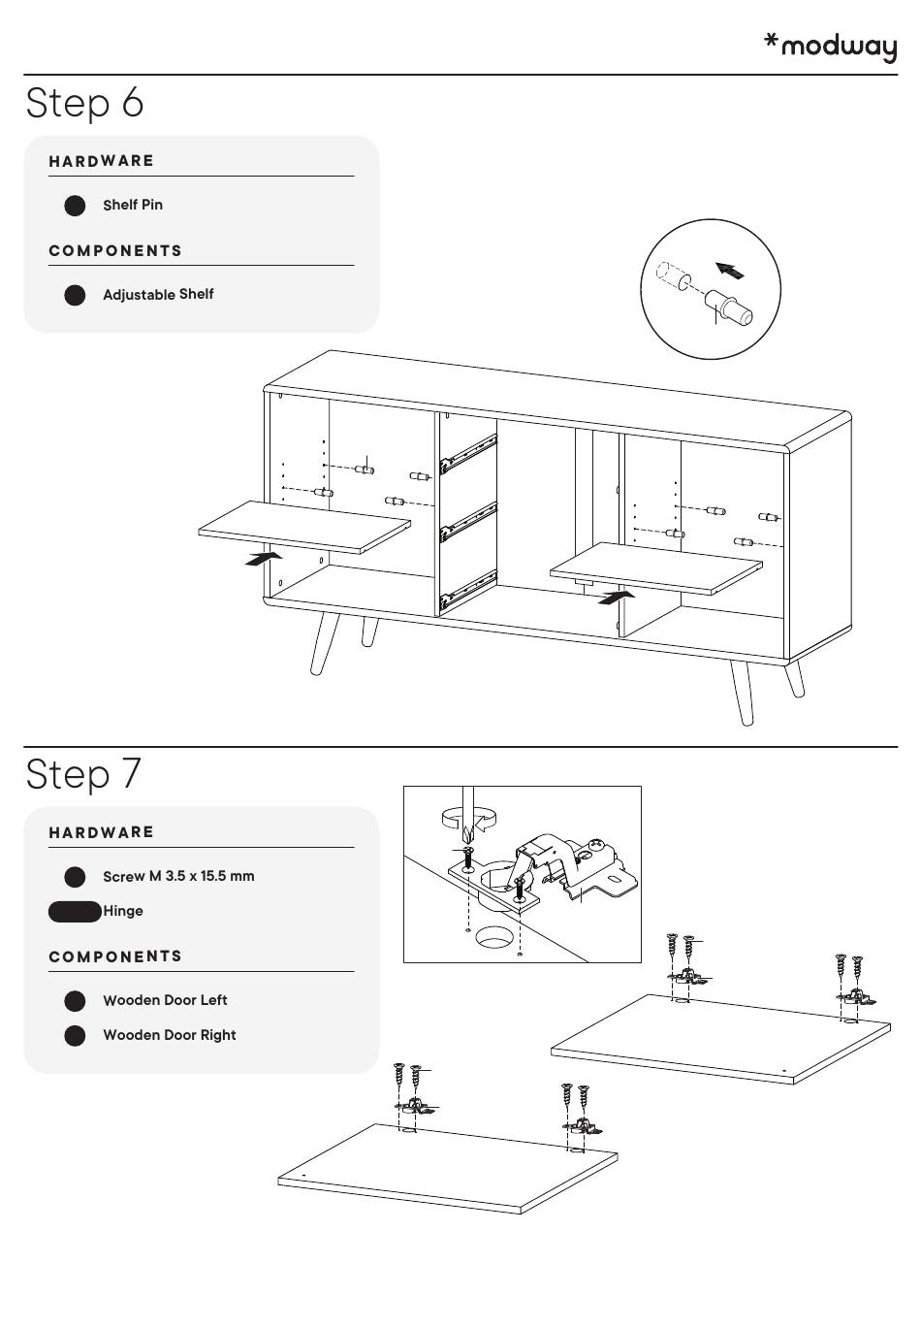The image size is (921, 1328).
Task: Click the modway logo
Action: click(x=831, y=46)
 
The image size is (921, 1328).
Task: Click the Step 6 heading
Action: click(x=85, y=103)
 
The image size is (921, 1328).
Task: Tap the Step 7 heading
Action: click(x=83, y=774)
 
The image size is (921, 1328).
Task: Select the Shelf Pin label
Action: click(x=133, y=205)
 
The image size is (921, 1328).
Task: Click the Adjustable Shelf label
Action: click(x=158, y=294)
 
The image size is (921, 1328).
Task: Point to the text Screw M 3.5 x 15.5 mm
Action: click(x=178, y=876)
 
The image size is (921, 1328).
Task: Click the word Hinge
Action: click(x=123, y=911)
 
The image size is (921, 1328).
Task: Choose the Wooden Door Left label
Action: click(x=165, y=1000)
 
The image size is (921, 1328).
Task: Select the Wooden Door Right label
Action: click(x=170, y=1035)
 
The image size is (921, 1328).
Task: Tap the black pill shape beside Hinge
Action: click(x=75, y=911)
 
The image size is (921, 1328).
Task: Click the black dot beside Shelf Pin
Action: click(x=75, y=206)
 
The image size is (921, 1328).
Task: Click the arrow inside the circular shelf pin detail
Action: click(x=729, y=270)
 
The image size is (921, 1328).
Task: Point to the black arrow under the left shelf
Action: click(x=265, y=558)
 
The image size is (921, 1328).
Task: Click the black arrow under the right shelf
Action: click(x=617, y=596)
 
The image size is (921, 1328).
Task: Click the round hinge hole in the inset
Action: click(x=494, y=937)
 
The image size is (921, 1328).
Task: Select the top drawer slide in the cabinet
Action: click(x=468, y=453)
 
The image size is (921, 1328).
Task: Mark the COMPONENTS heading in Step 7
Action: click(x=115, y=956)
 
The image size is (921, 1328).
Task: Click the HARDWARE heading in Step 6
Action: click(x=102, y=161)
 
